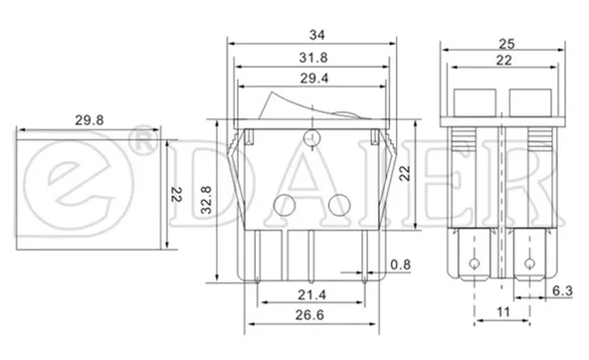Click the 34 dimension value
coord(316,35)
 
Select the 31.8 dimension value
coord(313,58)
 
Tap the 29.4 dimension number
coord(314,79)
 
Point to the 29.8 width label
coord(89,120)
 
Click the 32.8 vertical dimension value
coord(206,200)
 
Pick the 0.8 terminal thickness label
coord(400,265)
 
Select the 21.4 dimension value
coord(311,295)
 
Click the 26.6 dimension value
coord(309,315)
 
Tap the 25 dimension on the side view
coord(506,45)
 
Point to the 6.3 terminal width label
coord(562,290)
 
